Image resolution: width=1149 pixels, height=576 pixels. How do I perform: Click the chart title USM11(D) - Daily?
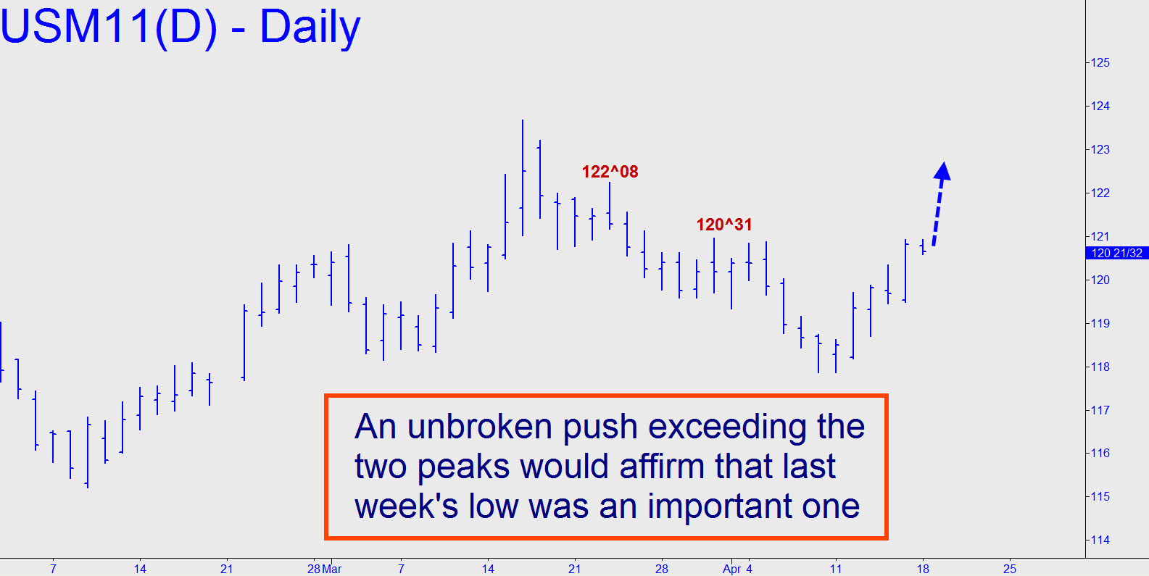(181, 28)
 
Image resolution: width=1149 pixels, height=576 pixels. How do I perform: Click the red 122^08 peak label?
(610, 172)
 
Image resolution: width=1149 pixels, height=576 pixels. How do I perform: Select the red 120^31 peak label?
(723, 225)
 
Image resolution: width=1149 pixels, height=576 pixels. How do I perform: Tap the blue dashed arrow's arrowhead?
(942, 171)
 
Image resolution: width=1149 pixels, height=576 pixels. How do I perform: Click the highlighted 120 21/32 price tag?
(1116, 253)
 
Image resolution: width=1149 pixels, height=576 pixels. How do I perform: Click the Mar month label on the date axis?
(332, 569)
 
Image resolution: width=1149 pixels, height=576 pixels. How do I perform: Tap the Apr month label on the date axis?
(731, 569)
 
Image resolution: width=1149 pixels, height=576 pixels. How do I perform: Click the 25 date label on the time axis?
(1010, 569)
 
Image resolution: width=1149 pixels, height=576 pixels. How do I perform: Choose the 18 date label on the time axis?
(923, 569)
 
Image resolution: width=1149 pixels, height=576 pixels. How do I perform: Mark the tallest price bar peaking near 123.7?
(523, 178)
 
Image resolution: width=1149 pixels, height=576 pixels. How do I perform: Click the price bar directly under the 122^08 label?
(610, 206)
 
